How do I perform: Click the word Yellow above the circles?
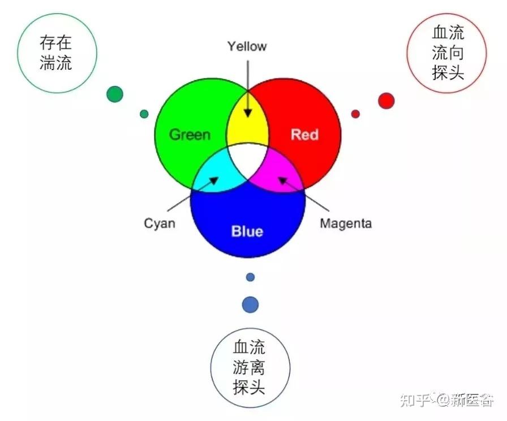pyautogui.click(x=247, y=46)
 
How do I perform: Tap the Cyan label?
pyautogui.click(x=160, y=223)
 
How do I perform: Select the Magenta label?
pyautogui.click(x=346, y=223)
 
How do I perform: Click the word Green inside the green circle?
pyautogui.click(x=190, y=135)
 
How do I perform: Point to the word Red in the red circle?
pyautogui.click(x=304, y=135)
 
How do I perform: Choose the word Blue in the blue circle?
pyautogui.click(x=247, y=231)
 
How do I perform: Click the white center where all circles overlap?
pyautogui.click(x=248, y=159)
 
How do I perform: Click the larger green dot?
pyautogui.click(x=115, y=94)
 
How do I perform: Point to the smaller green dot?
pyautogui.click(x=144, y=114)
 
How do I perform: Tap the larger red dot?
pyautogui.click(x=386, y=101)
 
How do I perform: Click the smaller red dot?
pyautogui.click(x=355, y=114)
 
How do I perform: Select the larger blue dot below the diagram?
pyautogui.click(x=250, y=304)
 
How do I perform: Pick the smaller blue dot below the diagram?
pyautogui.click(x=250, y=277)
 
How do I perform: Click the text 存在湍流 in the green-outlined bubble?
pyautogui.click(x=56, y=53)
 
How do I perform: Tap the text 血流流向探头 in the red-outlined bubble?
pyautogui.click(x=448, y=53)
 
